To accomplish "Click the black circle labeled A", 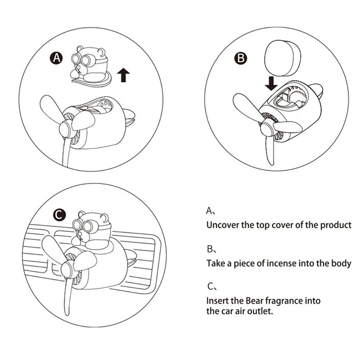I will (56, 58).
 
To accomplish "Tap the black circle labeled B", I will (241, 58).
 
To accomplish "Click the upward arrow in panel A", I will (123, 74).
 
